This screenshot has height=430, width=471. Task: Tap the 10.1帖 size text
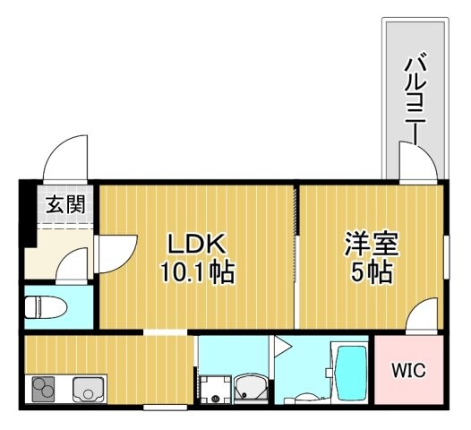(199, 271)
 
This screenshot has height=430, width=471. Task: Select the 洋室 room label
(372, 244)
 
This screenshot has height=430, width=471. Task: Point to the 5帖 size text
(372, 271)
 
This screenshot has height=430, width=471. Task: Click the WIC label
(407, 370)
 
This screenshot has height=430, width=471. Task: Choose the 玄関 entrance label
(65, 204)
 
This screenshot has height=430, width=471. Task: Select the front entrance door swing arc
(67, 158)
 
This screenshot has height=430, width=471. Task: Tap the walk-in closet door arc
(421, 315)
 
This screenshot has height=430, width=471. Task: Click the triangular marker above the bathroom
(281, 344)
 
